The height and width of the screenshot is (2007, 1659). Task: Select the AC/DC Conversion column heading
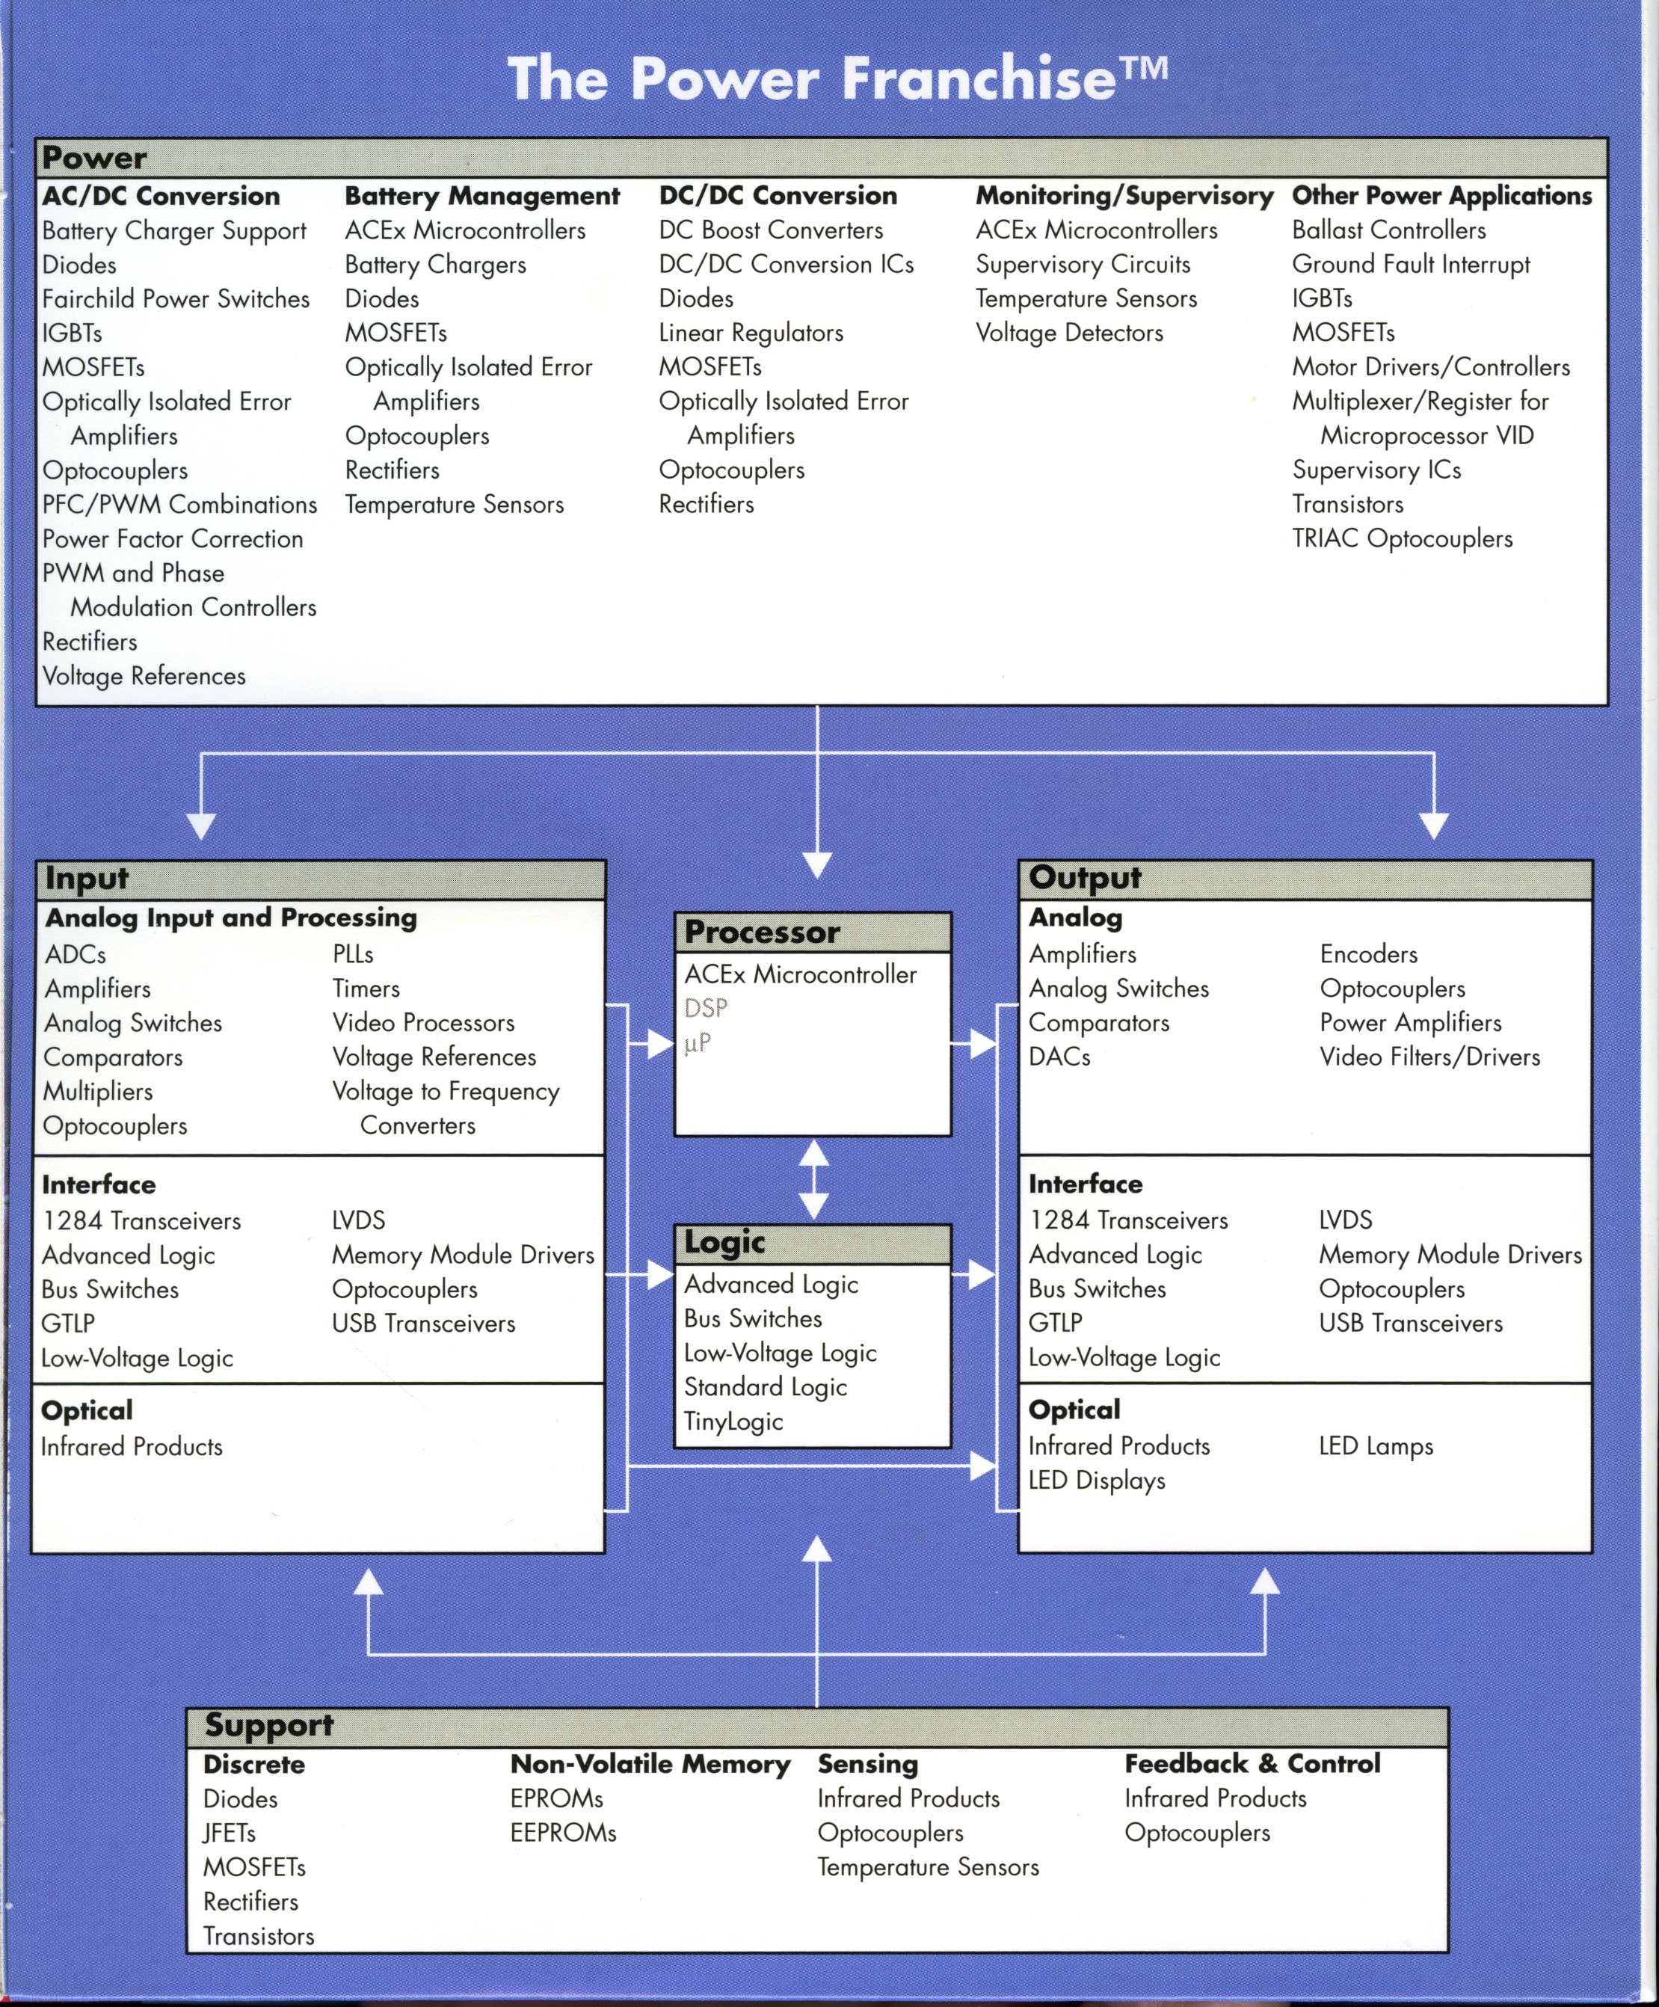(161, 196)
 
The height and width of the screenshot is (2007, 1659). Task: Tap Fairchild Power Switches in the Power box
(176, 299)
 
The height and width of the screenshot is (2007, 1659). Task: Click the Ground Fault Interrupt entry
(1411, 265)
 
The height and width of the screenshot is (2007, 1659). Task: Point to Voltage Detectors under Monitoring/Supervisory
(1069, 334)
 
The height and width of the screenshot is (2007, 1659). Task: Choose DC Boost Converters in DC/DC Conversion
(770, 230)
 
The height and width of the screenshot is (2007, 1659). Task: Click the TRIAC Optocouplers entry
(1402, 539)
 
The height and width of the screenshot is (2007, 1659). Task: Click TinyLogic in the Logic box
(733, 1422)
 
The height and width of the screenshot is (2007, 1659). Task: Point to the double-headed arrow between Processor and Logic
(813, 1179)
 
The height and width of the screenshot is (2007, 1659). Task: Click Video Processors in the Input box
(423, 1023)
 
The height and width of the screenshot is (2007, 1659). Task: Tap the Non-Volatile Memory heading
(650, 1764)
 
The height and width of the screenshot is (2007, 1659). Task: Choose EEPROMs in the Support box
(563, 1833)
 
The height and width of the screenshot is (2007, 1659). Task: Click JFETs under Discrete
(230, 1833)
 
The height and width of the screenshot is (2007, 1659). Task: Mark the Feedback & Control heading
(1252, 1763)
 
